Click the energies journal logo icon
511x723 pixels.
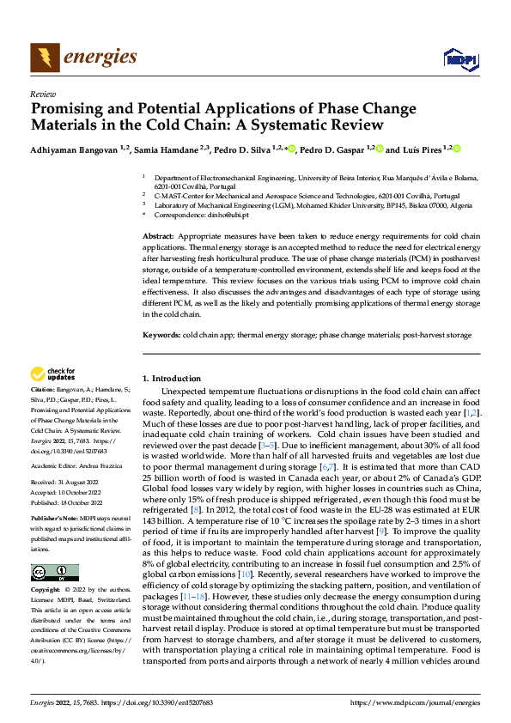point(40,58)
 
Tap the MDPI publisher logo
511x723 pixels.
point(459,59)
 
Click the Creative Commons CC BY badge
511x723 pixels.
point(55,572)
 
